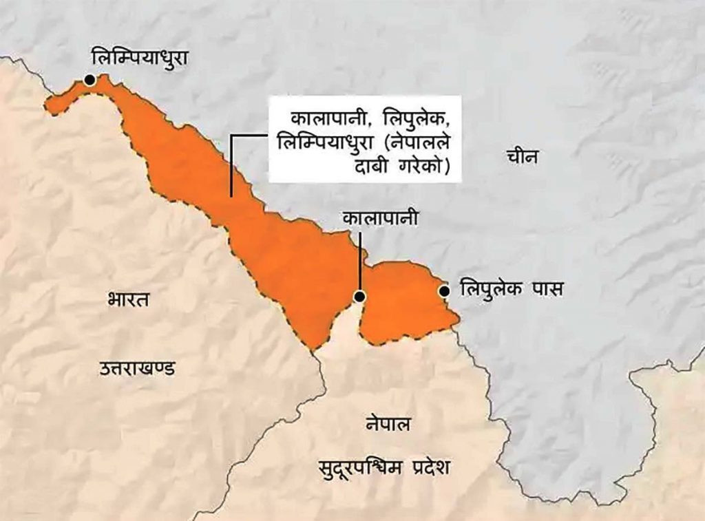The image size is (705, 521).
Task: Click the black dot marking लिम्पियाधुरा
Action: (90, 81)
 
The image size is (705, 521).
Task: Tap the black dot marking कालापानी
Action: (359, 297)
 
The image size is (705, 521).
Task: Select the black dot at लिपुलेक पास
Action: (444, 290)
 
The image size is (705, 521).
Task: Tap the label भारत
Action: (129, 300)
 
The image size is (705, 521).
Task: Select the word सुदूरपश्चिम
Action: (355, 468)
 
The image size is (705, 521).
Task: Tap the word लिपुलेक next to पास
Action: (490, 288)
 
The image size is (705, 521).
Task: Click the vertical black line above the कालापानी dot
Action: (359, 262)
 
